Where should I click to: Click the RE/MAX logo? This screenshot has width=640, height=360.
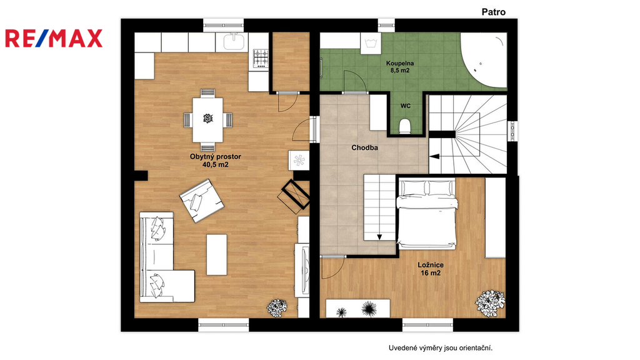point(54,38)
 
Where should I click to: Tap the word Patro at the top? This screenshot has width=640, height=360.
point(494,12)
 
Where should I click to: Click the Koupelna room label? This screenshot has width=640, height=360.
point(400,63)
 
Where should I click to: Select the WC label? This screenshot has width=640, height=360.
point(405,106)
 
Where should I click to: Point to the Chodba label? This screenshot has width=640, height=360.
point(364,147)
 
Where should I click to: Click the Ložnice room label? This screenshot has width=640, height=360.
point(431,265)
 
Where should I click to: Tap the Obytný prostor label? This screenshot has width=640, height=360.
point(216,156)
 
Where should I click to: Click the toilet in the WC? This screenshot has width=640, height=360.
point(405,126)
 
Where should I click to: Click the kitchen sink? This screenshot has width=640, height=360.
point(234,42)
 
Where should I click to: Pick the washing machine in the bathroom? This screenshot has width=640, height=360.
point(371,43)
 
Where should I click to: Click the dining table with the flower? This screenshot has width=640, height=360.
point(207,119)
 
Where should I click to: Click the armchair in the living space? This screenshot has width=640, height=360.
point(201,201)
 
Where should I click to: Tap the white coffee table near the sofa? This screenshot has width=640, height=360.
point(217,255)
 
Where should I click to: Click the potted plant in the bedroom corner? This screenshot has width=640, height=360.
point(490,303)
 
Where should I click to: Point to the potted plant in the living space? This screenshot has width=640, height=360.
point(277,307)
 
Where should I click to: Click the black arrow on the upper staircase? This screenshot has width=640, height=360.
point(434,156)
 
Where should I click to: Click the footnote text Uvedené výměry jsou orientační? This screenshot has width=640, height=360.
point(441,348)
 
